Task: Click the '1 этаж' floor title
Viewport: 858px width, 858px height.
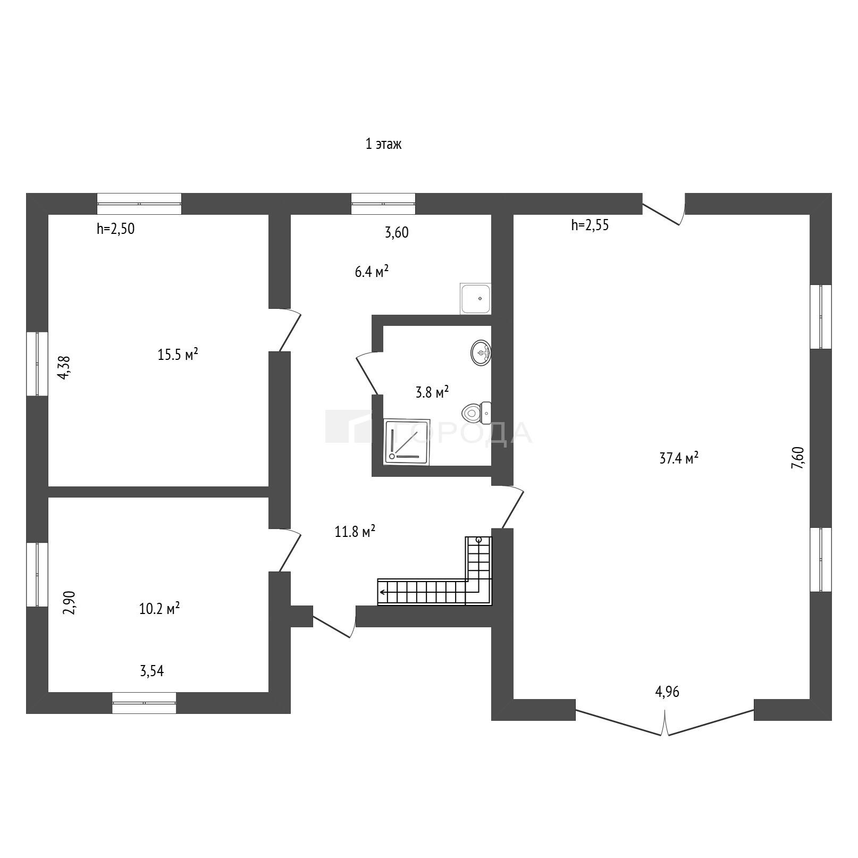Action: (x=383, y=144)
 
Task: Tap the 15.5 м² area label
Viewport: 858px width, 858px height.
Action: (x=178, y=354)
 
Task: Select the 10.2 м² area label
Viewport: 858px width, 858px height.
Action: (x=159, y=608)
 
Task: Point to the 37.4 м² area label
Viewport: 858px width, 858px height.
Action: (x=679, y=458)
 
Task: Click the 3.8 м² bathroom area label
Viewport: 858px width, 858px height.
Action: (x=432, y=392)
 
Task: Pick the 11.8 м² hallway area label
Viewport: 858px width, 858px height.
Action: (x=355, y=531)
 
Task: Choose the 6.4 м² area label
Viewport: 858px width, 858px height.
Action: (x=372, y=272)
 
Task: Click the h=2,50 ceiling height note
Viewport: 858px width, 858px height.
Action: (x=116, y=229)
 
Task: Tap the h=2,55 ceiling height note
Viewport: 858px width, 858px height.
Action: (x=590, y=225)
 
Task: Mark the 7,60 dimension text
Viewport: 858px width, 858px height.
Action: (x=798, y=458)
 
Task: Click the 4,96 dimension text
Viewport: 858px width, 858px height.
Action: (x=667, y=692)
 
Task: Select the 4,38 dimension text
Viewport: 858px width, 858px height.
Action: (x=64, y=367)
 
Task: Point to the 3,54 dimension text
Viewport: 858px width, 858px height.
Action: (x=152, y=671)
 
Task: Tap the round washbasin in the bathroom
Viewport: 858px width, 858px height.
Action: (x=481, y=352)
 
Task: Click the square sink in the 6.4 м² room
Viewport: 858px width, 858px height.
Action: (x=475, y=299)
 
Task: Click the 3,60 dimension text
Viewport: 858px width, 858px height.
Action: (x=397, y=232)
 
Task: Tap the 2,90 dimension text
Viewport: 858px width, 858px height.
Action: (x=70, y=603)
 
